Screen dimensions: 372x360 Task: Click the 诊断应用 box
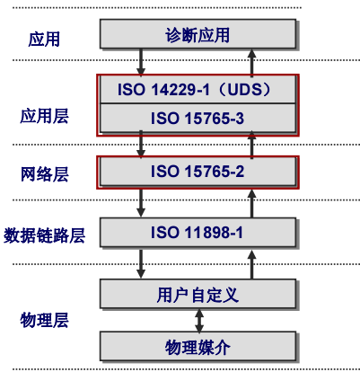[197, 35]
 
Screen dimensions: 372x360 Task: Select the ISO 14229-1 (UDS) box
[197, 90]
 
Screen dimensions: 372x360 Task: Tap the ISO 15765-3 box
[197, 118]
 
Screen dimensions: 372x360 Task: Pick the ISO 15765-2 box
[197, 172]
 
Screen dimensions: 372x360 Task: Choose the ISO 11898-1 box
[197, 234]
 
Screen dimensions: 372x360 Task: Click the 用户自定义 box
[197, 294]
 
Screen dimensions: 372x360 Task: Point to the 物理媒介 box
[197, 347]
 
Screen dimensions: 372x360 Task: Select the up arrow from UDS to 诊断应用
[251, 62]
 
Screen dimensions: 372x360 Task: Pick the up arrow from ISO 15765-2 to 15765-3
[251, 145]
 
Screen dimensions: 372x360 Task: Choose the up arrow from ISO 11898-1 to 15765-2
[251, 203]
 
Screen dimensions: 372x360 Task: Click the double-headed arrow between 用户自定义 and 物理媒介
[199, 320]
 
